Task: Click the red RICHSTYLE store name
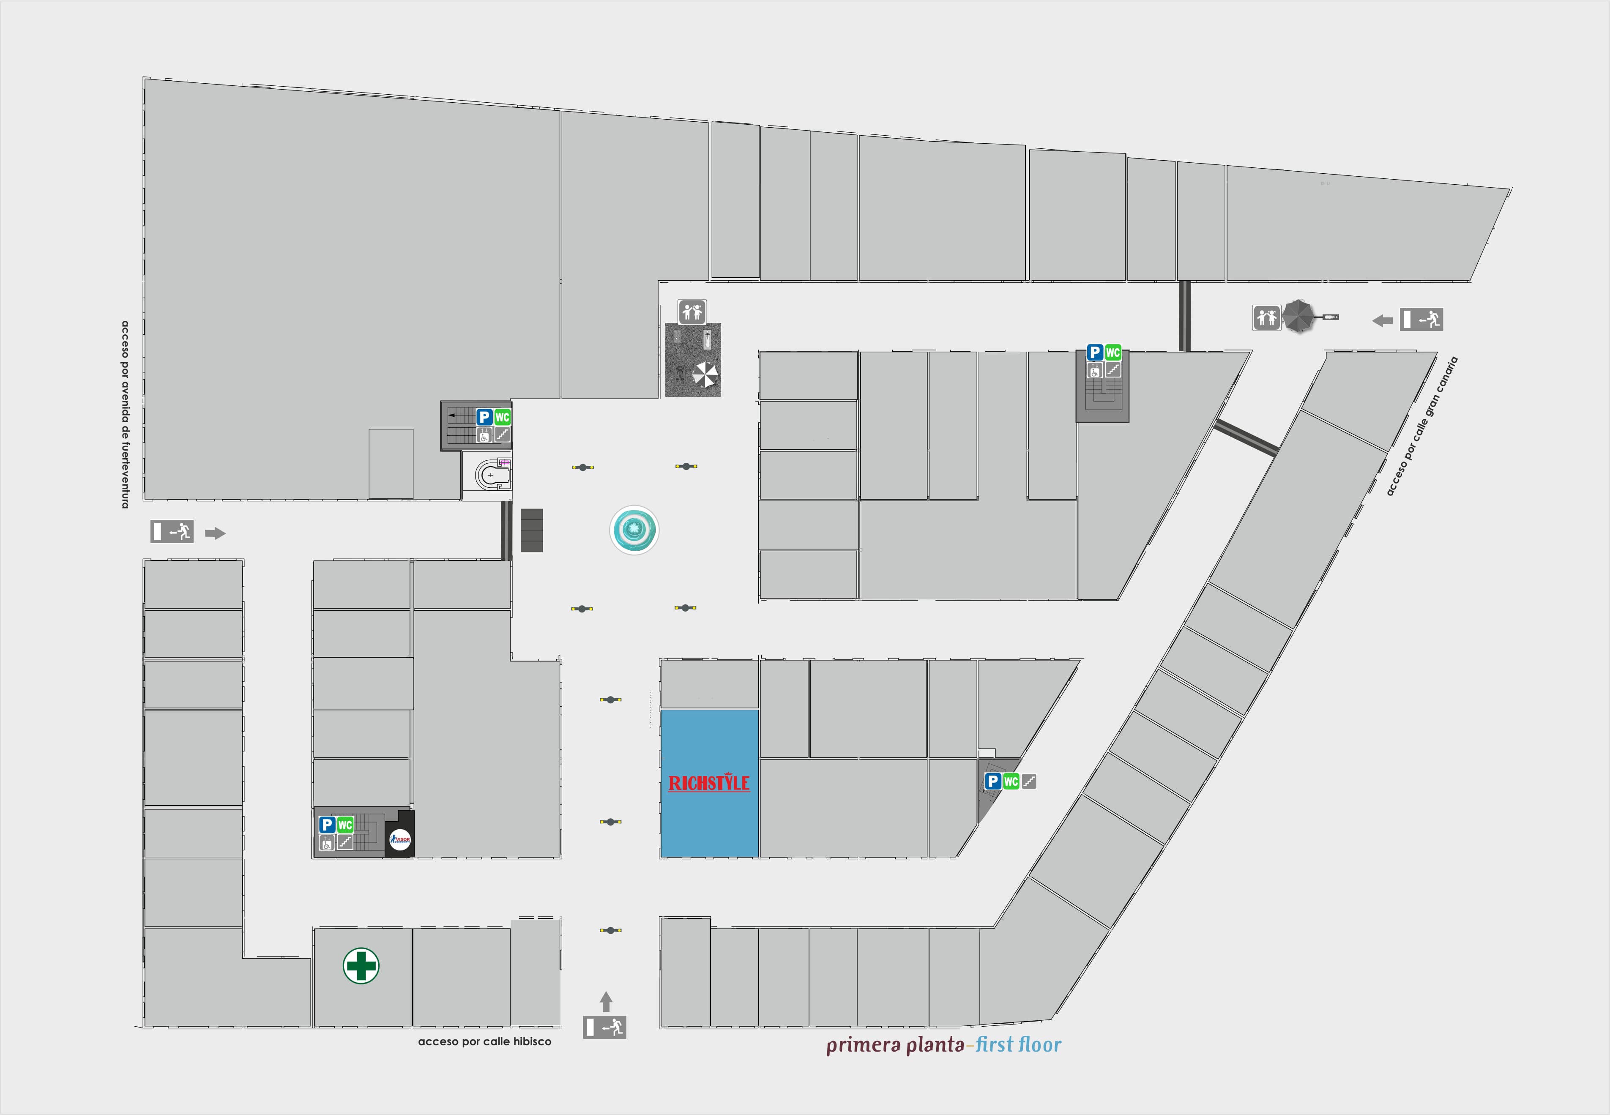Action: point(709,783)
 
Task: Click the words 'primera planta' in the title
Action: point(895,1045)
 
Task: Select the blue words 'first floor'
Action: point(1018,1045)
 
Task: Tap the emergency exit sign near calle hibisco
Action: point(605,1027)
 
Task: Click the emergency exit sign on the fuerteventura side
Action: point(172,532)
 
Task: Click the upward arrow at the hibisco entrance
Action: point(606,1001)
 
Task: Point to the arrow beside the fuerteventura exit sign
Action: point(215,534)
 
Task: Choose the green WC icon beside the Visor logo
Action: point(345,825)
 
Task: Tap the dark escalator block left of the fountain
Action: point(532,530)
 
